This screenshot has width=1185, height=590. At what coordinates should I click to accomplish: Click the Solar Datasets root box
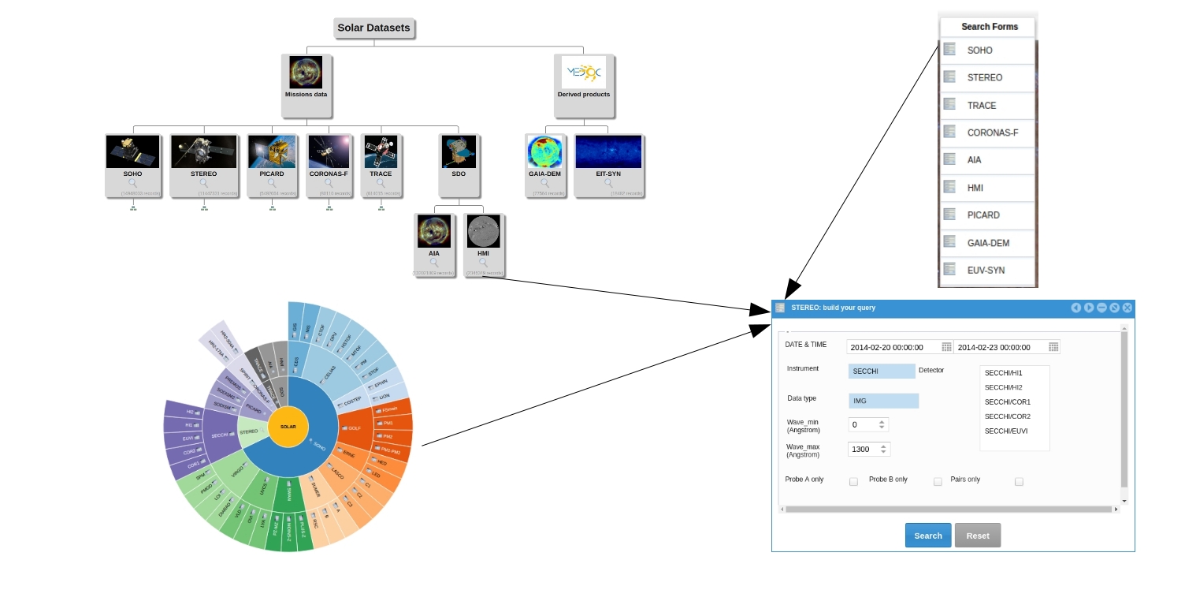click(373, 28)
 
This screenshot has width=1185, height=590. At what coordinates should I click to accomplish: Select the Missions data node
click(306, 85)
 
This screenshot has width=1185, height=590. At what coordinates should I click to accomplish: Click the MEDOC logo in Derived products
click(583, 73)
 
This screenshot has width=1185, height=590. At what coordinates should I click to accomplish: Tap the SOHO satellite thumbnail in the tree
click(132, 151)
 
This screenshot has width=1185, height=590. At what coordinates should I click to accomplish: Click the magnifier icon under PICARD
click(272, 183)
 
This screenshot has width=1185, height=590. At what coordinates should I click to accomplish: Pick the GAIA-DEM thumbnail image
click(544, 151)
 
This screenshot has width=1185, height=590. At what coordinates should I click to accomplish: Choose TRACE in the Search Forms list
click(982, 105)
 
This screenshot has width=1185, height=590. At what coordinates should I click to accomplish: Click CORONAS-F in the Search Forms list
click(992, 133)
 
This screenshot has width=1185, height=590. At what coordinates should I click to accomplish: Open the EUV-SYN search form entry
click(986, 270)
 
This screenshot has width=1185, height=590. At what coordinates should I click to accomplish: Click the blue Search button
click(927, 536)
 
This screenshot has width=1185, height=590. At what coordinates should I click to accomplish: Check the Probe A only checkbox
click(853, 481)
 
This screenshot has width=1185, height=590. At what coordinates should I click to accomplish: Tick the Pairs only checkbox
click(1019, 481)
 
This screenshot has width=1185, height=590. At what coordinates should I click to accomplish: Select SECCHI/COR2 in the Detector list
click(1007, 416)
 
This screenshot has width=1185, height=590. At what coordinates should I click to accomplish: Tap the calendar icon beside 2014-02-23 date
click(1053, 347)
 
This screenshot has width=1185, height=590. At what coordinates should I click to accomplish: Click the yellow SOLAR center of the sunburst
click(288, 427)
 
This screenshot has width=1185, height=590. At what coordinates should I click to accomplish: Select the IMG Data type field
click(883, 401)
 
